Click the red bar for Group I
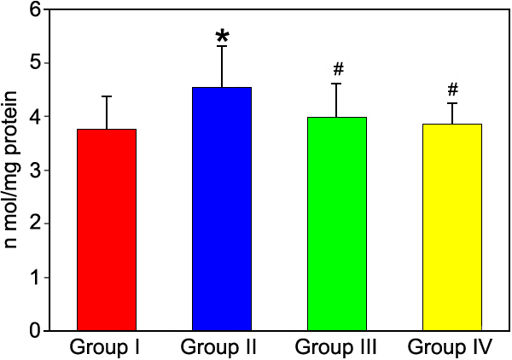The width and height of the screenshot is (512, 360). tap(107, 229)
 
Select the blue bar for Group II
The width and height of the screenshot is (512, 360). tap(222, 209)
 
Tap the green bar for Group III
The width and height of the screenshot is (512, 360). tap(337, 224)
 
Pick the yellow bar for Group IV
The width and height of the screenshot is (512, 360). tap(453, 227)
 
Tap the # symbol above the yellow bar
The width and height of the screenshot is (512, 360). tap(453, 89)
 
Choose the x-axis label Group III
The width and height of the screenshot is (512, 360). tap(337, 347)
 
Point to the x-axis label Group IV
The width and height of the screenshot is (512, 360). tap(452, 347)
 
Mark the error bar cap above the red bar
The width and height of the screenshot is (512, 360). tap(107, 96)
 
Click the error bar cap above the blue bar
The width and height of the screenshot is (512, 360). tap(222, 46)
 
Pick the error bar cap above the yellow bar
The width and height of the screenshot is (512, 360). tap(453, 103)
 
